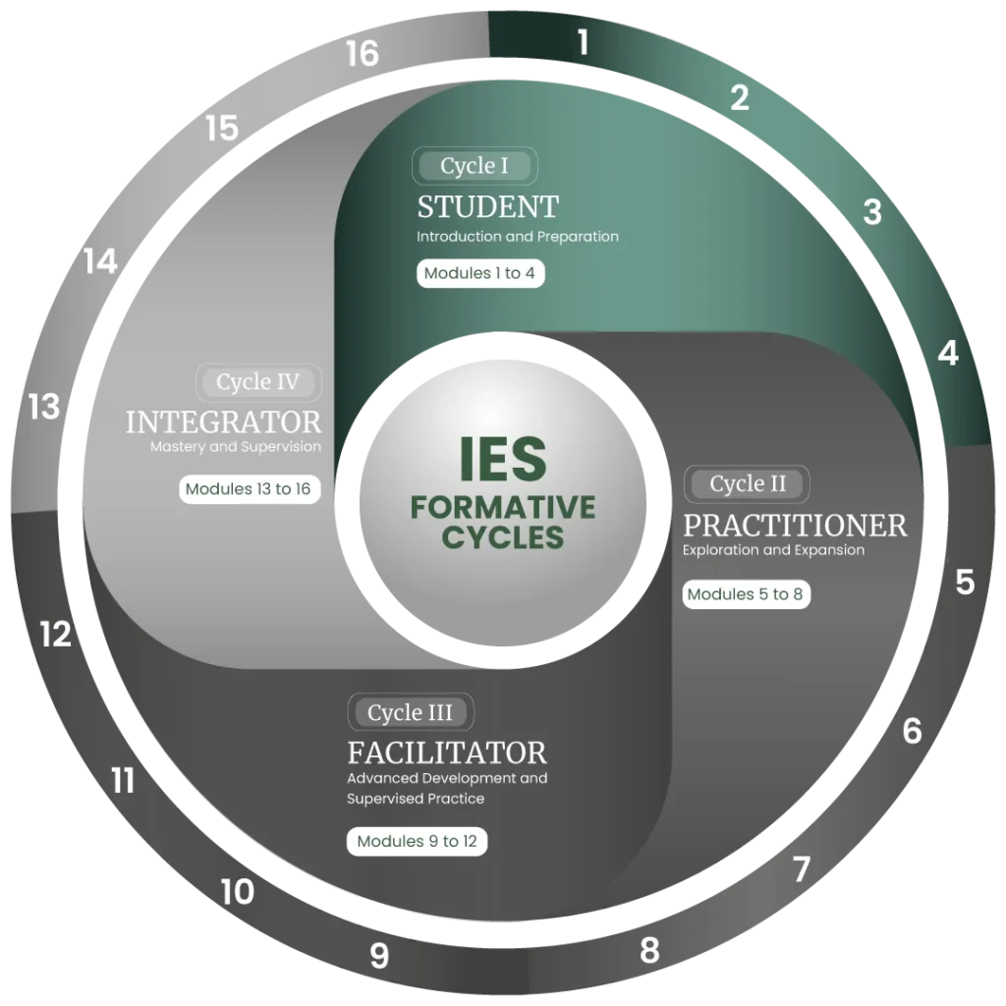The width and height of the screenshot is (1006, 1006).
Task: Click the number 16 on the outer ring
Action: [363, 53]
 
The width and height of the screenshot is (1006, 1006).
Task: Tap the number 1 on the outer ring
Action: [583, 42]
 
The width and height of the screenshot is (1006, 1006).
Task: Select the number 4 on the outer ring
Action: [948, 354]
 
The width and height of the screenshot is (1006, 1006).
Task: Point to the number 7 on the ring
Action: [802, 869]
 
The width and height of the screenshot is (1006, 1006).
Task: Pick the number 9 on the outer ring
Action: [379, 955]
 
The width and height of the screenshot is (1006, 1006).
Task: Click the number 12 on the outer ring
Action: [56, 635]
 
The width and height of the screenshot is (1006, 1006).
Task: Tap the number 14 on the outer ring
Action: [101, 261]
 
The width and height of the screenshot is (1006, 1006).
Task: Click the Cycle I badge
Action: [475, 166]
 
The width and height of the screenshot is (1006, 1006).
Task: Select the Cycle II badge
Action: [747, 483]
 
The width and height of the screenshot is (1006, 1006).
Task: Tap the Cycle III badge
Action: [411, 712]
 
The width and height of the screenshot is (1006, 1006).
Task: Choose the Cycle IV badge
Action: [258, 382]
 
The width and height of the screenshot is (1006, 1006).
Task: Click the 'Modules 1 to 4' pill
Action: [479, 273]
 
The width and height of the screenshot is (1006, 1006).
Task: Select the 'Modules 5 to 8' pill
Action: [746, 594]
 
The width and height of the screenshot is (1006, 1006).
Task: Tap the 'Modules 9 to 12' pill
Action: [417, 841]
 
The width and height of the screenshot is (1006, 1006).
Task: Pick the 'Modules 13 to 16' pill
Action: [249, 489]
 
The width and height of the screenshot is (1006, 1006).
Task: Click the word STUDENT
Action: [487, 207]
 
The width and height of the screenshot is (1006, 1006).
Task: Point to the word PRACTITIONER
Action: [795, 526]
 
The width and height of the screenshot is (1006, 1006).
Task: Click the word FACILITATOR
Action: [447, 754]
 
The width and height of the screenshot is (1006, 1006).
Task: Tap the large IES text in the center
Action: [503, 460]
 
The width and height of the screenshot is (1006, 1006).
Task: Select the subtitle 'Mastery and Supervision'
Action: [236, 447]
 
